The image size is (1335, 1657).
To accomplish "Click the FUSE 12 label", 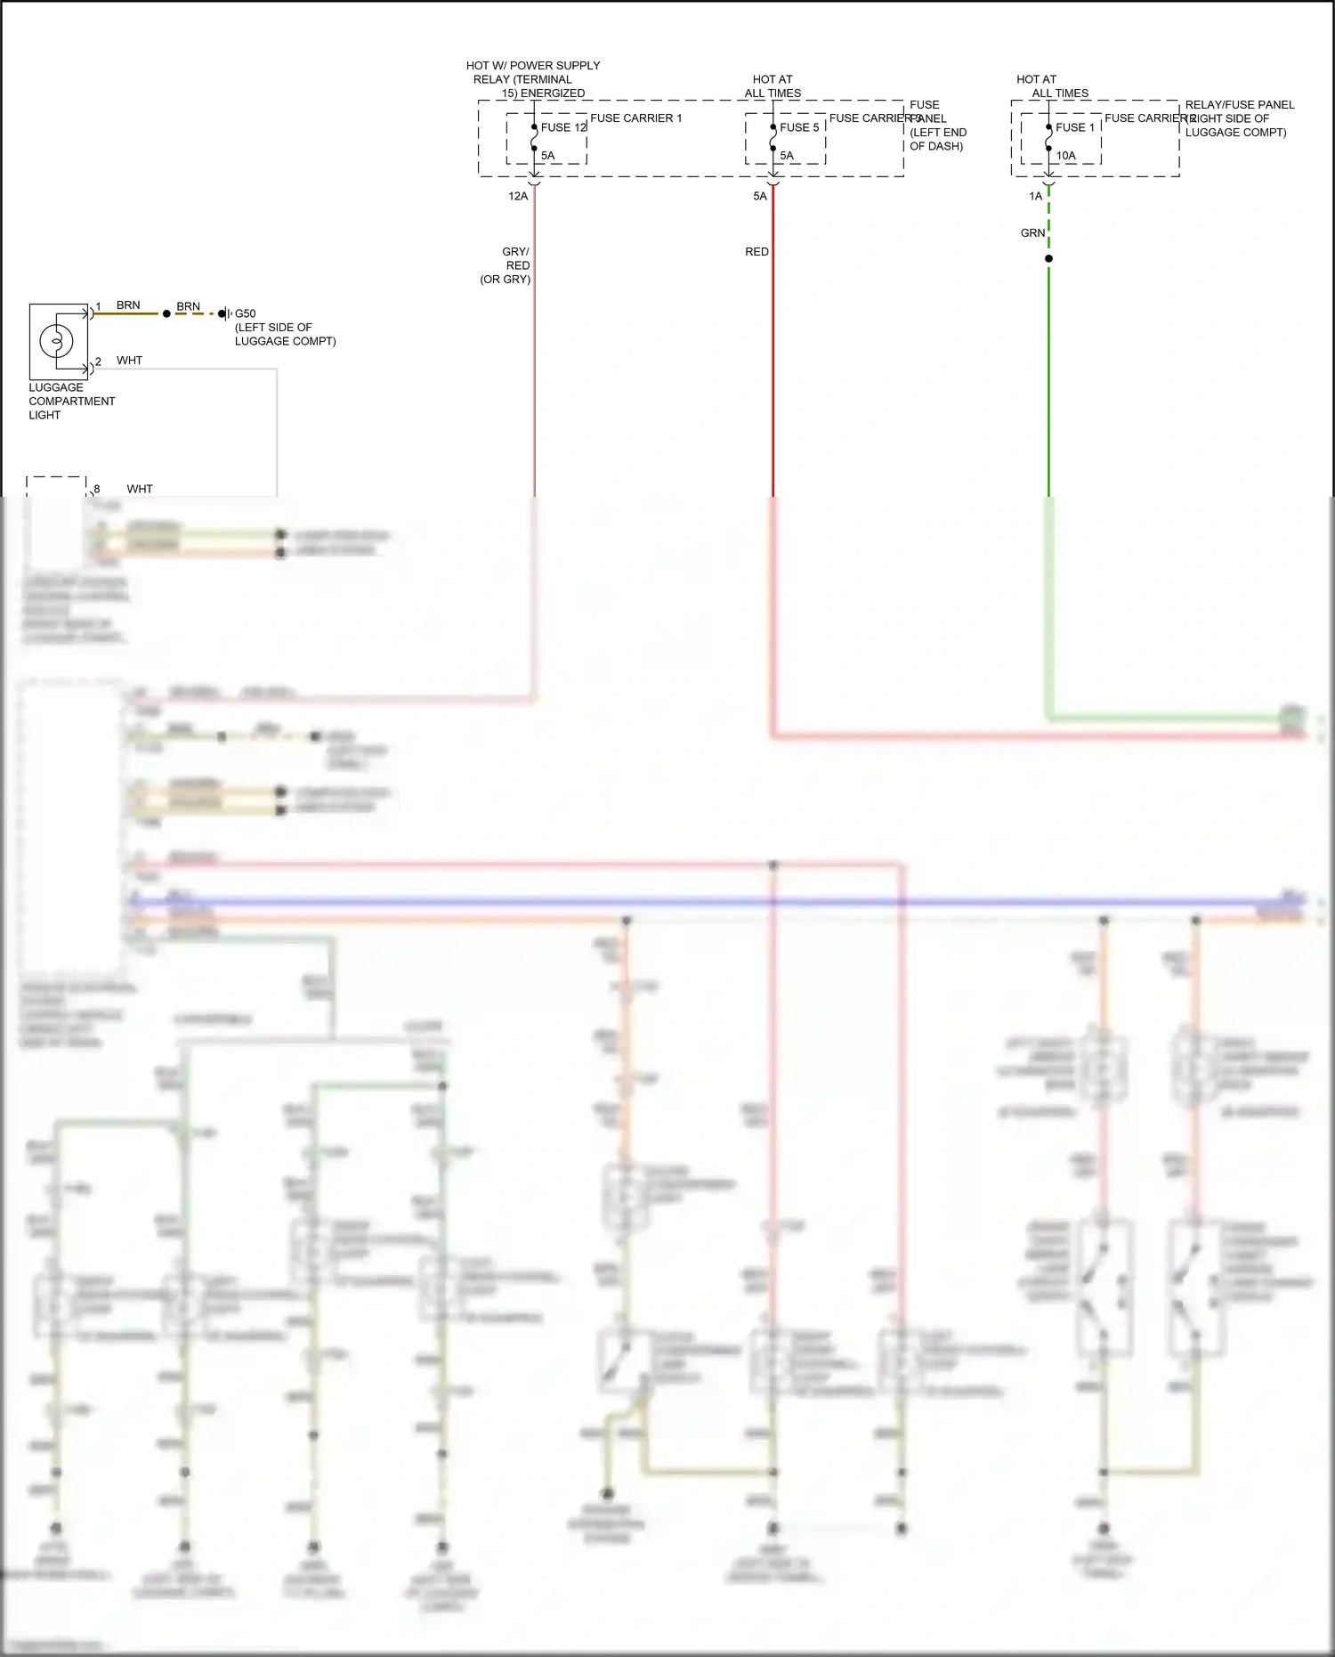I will [563, 127].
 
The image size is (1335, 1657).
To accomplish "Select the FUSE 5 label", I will [799, 127].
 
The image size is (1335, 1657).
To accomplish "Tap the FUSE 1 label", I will [1075, 127].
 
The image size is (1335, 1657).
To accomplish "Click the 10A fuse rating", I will [1066, 156].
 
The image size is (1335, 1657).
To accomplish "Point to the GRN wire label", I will [1032, 233].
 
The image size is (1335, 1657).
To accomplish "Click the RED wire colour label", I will [756, 252].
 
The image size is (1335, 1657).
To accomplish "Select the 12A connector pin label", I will [518, 197].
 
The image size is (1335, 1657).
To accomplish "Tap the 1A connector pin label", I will [1035, 197].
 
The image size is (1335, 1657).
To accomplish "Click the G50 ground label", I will [245, 313].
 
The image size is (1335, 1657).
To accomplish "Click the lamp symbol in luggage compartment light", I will [56, 341].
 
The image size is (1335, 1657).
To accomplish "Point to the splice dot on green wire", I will [1048, 259].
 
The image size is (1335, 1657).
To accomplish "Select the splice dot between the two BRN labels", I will [166, 313].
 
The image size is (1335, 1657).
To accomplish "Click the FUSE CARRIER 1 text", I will [635, 118].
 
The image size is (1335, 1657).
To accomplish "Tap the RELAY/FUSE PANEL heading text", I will [1239, 105].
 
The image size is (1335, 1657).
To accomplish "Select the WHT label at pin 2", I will [129, 361].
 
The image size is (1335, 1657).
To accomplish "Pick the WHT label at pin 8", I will [140, 489].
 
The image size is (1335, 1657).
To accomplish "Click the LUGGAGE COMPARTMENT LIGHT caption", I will [71, 402].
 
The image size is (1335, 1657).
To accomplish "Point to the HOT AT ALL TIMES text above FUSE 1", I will [1052, 86].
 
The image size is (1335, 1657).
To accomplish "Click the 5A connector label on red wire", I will [759, 197].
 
